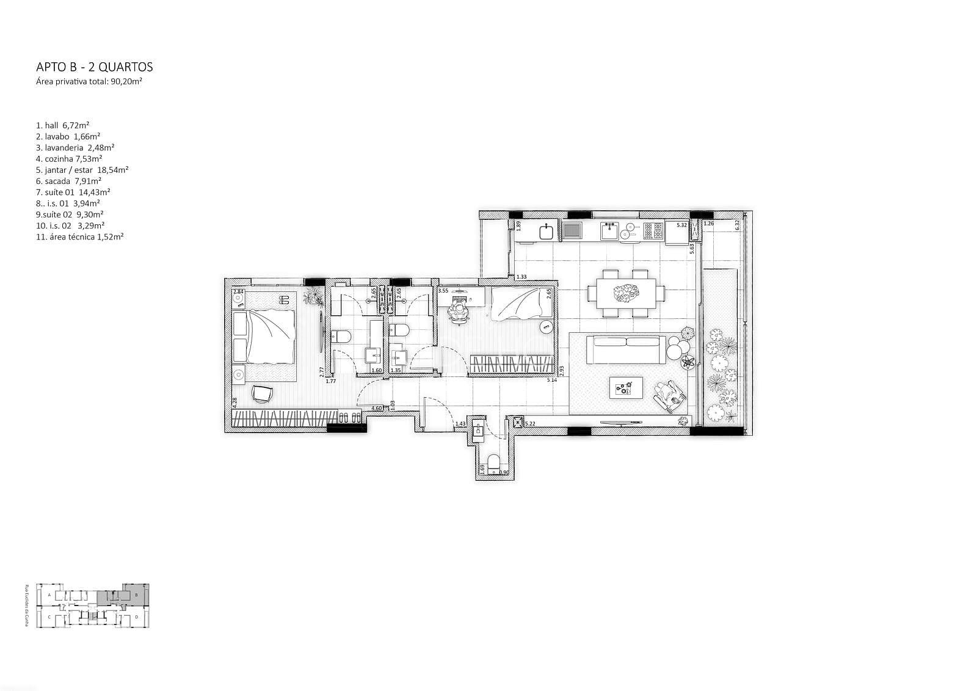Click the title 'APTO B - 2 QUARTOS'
95,67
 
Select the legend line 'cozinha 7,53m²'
69,159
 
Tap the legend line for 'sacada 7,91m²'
68,181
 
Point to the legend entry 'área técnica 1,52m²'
79,236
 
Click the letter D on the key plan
137,618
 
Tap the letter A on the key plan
49,594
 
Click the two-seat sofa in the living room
626,349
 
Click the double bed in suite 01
266,337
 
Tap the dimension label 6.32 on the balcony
738,224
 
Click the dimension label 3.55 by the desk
443,291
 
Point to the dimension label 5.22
530,423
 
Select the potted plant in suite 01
314,296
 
